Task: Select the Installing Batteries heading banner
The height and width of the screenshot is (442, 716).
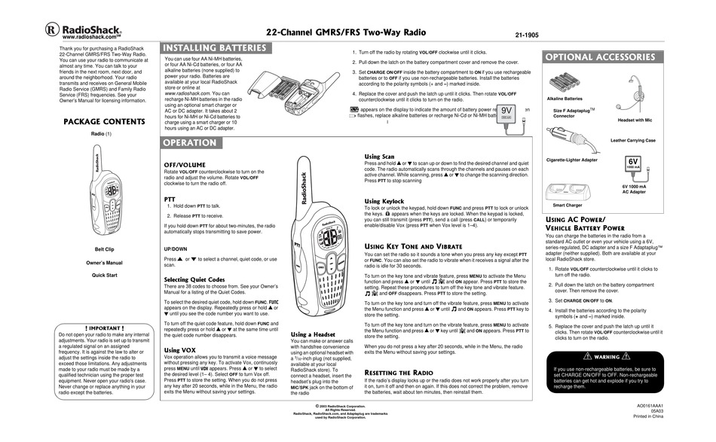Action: point(216,48)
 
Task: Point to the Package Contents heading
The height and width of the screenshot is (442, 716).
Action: point(103,121)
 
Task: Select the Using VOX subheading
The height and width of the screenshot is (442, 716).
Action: point(182,350)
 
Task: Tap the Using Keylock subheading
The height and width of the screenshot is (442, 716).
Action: point(384,202)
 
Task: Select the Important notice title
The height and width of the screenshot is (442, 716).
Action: point(105,328)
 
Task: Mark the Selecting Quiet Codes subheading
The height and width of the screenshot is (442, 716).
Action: point(195,279)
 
